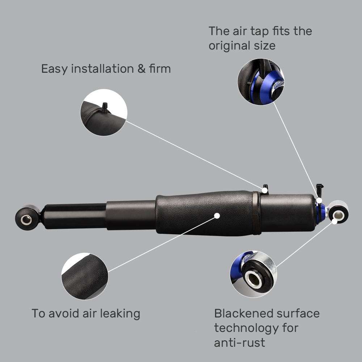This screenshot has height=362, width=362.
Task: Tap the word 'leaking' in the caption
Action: pos(118,313)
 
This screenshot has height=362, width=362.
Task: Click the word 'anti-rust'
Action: pos(239,342)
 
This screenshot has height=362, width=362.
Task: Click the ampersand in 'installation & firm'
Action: pos(141,68)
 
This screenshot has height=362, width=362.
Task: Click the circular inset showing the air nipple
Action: pos(104,112)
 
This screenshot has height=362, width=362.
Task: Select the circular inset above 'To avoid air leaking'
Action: pos(85,276)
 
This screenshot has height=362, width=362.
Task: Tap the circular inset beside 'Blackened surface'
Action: pos(254,274)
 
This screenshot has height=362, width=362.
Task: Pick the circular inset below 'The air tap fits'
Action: pos(261,82)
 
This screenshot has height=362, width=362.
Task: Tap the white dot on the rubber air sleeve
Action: pos(217,215)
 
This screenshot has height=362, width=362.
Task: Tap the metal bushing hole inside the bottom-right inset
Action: pos(253,279)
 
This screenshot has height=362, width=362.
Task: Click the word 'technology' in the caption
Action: pos(246,328)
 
